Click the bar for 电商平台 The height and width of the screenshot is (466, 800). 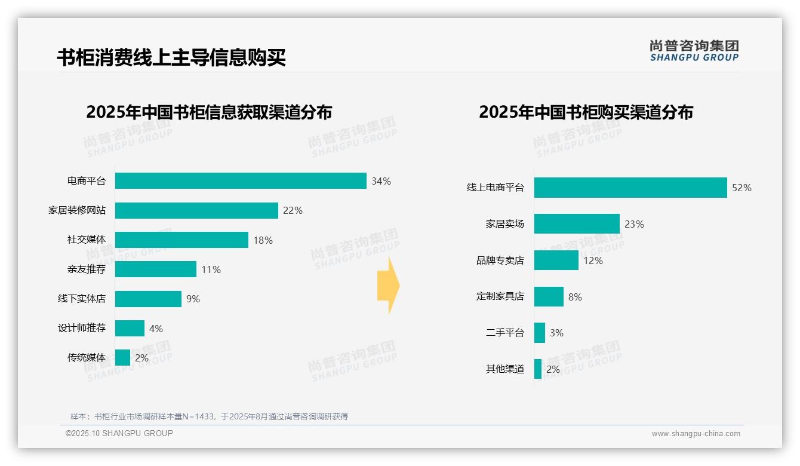click(x=241, y=181)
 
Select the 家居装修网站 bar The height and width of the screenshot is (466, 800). click(x=196, y=210)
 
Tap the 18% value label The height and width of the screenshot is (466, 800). click(x=263, y=240)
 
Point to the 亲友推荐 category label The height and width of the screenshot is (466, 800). click(x=86, y=269)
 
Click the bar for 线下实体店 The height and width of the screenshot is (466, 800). click(x=148, y=299)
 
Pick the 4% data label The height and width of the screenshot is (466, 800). click(x=156, y=329)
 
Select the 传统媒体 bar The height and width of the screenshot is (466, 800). click(x=122, y=358)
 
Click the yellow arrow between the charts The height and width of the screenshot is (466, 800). click(x=389, y=286)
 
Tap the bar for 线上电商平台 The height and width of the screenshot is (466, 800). click(x=630, y=188)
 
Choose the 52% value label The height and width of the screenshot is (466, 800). click(x=741, y=188)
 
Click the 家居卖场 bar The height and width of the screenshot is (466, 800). click(x=577, y=224)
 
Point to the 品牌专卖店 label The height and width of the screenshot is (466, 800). click(x=500, y=260)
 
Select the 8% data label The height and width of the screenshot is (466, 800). click(x=575, y=297)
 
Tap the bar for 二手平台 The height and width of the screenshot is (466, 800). click(x=540, y=333)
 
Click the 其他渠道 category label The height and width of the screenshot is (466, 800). click(x=504, y=369)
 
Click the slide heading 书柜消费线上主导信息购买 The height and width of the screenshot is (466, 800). click(x=171, y=57)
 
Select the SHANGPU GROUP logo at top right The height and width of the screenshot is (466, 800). click(x=694, y=51)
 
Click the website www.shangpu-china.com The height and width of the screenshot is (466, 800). click(x=696, y=434)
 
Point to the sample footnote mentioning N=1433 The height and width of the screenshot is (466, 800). click(x=209, y=416)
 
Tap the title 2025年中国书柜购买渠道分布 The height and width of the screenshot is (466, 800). click(x=586, y=112)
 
